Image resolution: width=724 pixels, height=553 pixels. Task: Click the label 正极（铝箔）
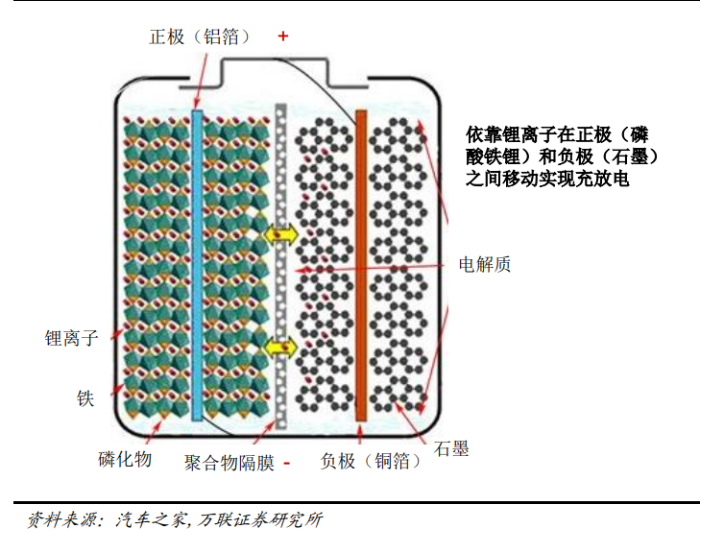201,37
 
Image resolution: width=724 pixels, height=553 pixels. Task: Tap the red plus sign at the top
282,36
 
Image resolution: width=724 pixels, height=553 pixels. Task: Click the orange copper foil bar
361,264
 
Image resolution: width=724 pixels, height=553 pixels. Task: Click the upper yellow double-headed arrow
281,233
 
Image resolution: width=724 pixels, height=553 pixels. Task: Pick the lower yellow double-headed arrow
281,348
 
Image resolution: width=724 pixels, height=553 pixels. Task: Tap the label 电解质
485,264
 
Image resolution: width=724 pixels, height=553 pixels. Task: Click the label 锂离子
72,338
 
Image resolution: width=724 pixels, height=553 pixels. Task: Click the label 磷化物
125,459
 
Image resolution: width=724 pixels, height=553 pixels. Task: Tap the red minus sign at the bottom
286,464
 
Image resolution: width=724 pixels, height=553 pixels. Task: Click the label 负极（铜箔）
371,462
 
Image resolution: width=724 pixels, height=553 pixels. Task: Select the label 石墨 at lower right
451,448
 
